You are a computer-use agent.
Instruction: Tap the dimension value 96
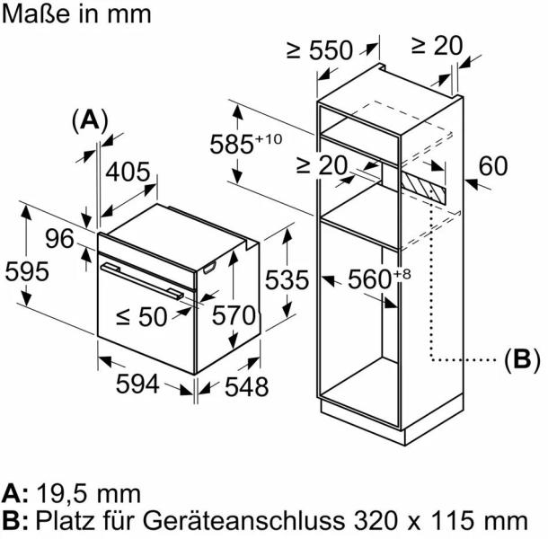tap(59, 239)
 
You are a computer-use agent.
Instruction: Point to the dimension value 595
tap(26, 270)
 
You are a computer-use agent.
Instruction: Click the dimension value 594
tap(137, 384)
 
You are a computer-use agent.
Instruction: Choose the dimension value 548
tap(246, 387)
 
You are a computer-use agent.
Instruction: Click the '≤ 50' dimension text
tap(141, 315)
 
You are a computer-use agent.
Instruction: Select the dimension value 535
tap(287, 279)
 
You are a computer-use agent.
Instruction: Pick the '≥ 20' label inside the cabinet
tap(321, 165)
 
